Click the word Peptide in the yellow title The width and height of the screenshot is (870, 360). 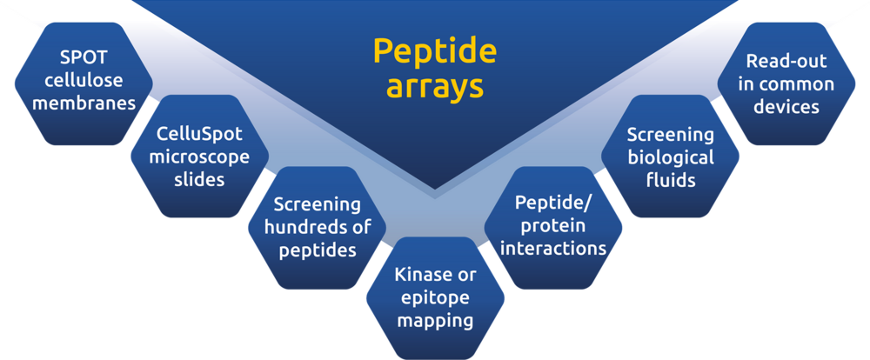coord(434,52)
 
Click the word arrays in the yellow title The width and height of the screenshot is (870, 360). coord(434,87)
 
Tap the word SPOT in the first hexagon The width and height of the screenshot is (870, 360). coord(84,57)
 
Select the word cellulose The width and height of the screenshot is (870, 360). coord(84,80)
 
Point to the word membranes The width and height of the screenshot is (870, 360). coord(84,103)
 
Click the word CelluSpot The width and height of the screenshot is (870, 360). coord(200,135)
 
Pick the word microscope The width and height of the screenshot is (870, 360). coord(200,158)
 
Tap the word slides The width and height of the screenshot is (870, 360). coord(200,179)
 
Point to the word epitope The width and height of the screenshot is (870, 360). coord(435,298)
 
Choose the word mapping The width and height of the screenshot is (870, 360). coord(435,321)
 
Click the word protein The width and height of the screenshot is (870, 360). coord(553,226)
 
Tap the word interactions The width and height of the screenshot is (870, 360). coord(553,248)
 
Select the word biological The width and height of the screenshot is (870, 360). coord(670,158)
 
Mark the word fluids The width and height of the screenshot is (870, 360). coord(670,179)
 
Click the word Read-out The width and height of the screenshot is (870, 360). coord(786,61)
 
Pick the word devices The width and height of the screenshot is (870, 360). coord(786,106)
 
